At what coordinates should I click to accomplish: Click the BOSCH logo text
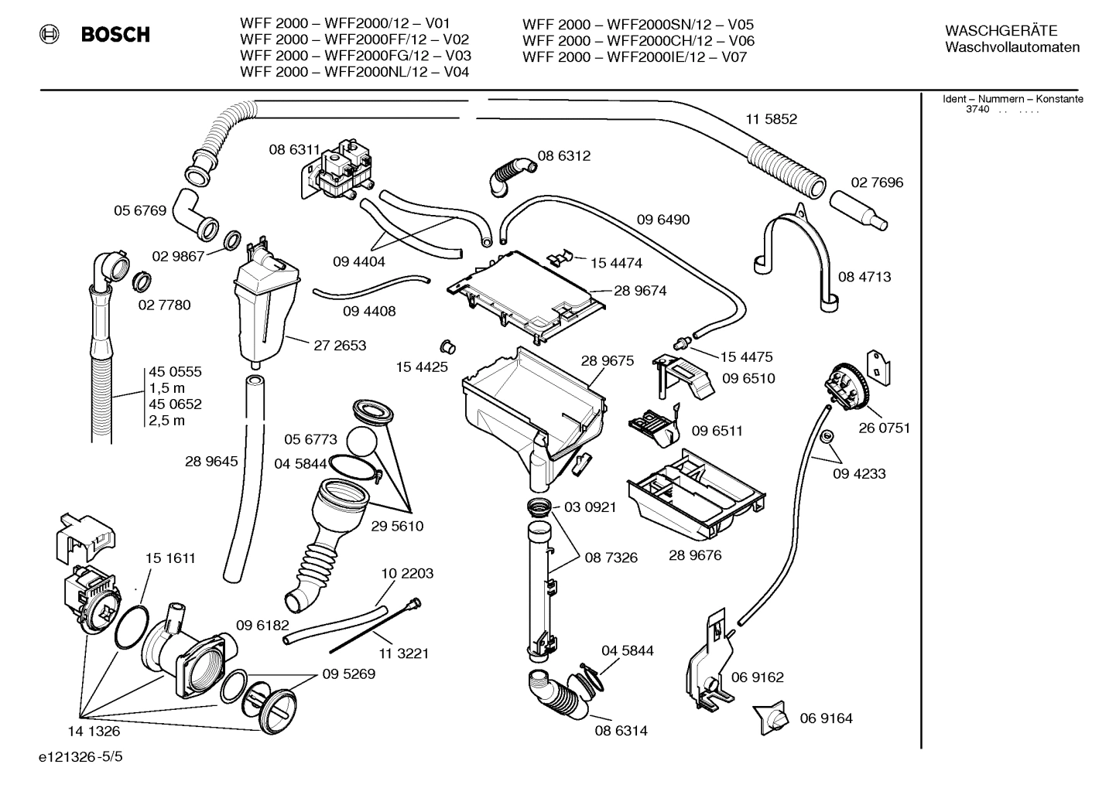point(115,34)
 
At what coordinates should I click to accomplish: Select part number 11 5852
point(771,119)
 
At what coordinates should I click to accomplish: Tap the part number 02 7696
point(877,183)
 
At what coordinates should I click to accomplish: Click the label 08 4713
point(864,276)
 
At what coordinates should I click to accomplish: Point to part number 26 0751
point(884,428)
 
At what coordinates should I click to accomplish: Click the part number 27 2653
point(340,345)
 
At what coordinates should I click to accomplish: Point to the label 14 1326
point(94,730)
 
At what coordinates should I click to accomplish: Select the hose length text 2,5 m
point(167,421)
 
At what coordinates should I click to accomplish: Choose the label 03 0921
point(590,507)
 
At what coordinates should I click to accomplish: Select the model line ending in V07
point(635,56)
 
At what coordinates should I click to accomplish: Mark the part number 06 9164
point(826,718)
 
